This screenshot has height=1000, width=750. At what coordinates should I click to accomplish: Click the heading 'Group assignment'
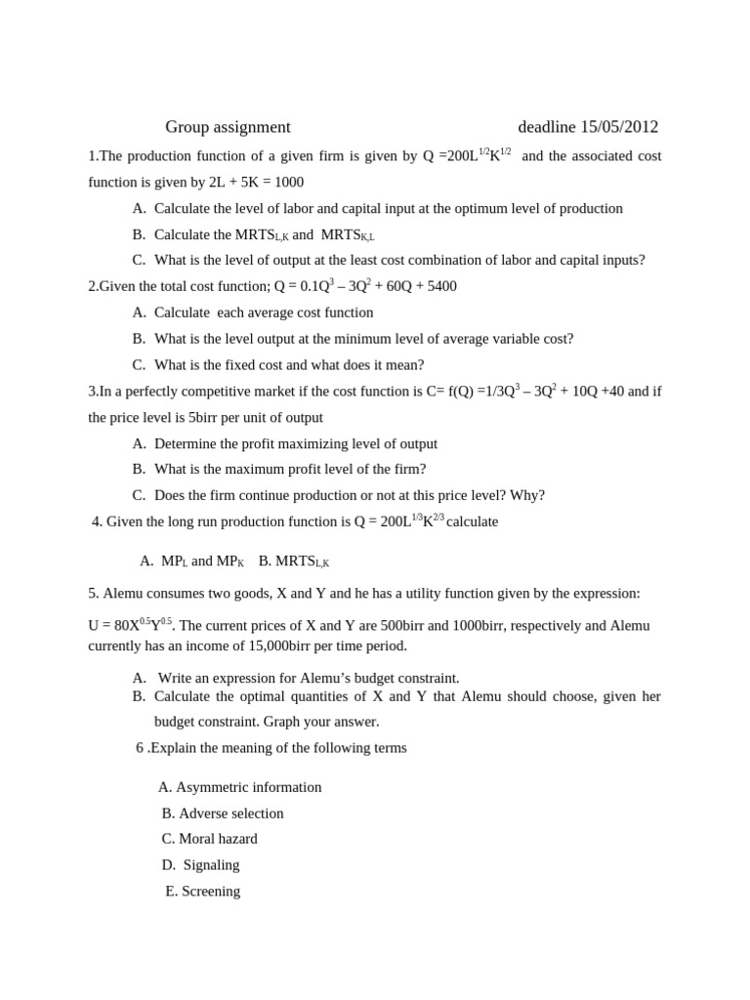[x=228, y=127]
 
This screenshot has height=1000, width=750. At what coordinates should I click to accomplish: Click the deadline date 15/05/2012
[x=619, y=127]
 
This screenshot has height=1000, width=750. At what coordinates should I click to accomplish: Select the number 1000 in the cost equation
[x=289, y=183]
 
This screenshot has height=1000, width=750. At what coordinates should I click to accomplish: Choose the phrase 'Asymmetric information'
[x=248, y=787]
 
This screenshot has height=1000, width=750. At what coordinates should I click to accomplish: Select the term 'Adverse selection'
[x=231, y=813]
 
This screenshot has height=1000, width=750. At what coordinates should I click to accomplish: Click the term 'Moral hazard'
[x=218, y=839]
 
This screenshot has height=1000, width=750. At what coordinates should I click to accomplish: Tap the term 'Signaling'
[x=211, y=865]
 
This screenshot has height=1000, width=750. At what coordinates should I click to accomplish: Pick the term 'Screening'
[x=211, y=892]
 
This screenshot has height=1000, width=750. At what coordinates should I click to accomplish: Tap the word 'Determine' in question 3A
[x=187, y=444]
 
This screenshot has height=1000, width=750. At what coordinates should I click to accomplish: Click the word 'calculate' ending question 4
[x=472, y=522]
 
